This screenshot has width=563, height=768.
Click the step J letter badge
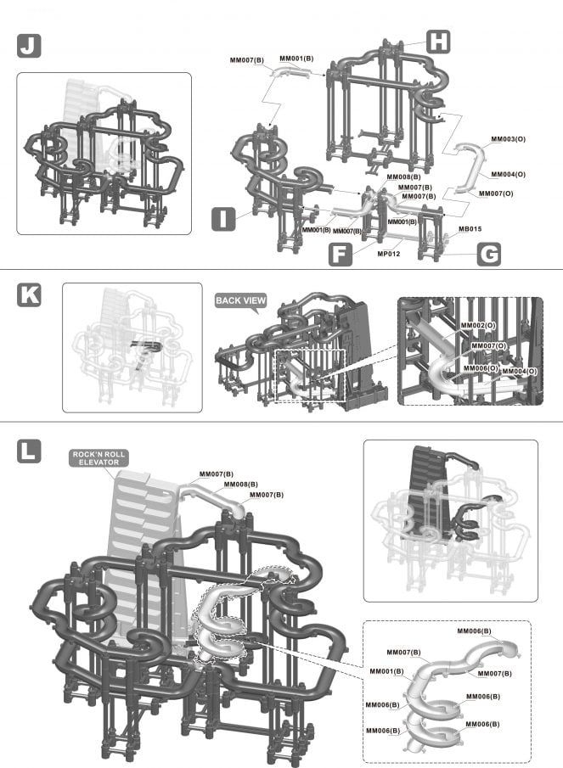coord(29,46)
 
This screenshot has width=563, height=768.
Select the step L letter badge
coord(29,451)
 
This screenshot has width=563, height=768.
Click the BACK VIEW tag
coord(240,300)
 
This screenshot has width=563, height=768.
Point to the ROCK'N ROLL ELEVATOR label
coord(99,458)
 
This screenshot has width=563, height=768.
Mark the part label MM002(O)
coord(476,325)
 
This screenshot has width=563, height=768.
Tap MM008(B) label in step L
coord(240,484)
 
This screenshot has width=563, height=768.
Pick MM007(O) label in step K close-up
coord(488,345)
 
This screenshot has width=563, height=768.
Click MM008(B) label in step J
coord(403,177)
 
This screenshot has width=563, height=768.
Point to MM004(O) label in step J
coord(508,174)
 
